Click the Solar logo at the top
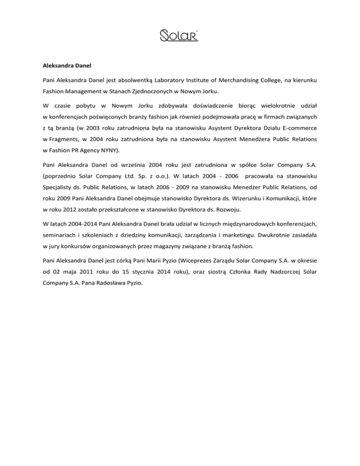180,35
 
